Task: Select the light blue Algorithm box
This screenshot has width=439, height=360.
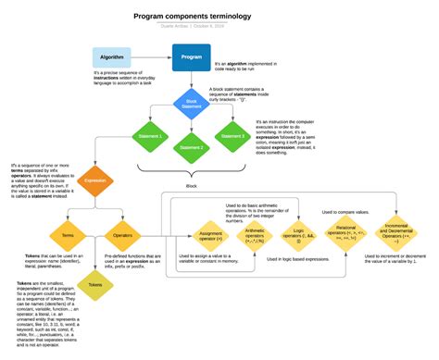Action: (107, 56)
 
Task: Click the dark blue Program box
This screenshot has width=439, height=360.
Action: (191, 56)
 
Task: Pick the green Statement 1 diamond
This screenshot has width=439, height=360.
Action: (151, 136)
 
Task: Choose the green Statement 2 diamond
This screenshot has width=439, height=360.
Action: (191, 147)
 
